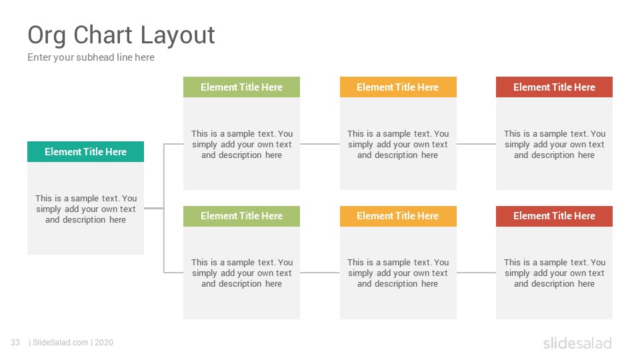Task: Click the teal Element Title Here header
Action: pos(86,152)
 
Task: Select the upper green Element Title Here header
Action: pos(241,87)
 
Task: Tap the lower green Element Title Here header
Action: pos(241,216)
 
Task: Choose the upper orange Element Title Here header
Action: pos(398,87)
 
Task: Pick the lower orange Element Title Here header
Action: pos(398,216)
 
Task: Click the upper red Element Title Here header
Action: pos(554,87)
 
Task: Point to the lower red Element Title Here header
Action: pos(554,216)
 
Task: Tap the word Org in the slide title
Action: pos(47,36)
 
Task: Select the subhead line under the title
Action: pos(91,57)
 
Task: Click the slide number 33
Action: pos(15,343)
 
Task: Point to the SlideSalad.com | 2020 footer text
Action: pos(71,343)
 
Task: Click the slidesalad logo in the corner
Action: pos(577,343)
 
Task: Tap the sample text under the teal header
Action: pos(86,209)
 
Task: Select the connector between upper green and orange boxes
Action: pos(320,144)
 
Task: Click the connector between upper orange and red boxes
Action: pos(476,144)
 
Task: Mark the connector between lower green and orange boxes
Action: pos(320,273)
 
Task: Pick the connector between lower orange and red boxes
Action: pos(476,273)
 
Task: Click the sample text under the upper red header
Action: pos(554,145)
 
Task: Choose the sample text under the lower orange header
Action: pos(398,273)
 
